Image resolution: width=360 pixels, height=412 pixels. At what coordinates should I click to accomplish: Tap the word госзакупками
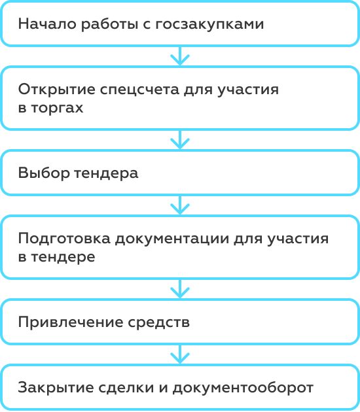[209, 25]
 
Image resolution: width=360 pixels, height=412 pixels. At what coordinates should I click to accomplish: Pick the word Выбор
[44, 173]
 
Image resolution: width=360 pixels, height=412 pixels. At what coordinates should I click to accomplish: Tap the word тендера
[106, 174]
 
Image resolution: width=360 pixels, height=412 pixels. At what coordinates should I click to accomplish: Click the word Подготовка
[64, 239]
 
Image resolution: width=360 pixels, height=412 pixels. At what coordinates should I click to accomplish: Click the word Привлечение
[71, 322]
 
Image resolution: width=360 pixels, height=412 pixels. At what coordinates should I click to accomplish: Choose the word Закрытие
[56, 388]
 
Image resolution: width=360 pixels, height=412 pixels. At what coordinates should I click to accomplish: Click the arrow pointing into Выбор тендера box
[180, 139]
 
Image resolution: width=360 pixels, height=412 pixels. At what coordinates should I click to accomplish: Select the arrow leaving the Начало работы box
[180, 56]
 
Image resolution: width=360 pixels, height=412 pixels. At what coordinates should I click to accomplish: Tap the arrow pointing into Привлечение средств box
[180, 289]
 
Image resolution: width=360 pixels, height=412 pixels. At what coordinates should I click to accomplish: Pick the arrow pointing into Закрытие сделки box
[180, 354]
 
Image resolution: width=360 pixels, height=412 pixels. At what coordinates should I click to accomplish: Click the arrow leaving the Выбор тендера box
[180, 205]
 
